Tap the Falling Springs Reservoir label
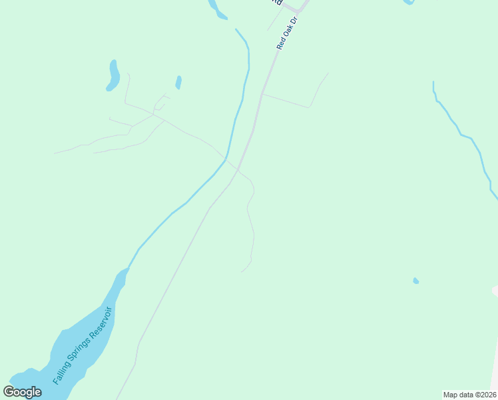pos(84,345)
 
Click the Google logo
pos(22,392)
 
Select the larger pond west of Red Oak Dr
pos(113,75)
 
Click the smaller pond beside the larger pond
pos(178,82)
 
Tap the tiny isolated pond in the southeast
pos(416,281)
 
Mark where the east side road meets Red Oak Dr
pos(262,94)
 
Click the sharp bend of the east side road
pos(310,107)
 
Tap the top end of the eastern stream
pos(433,82)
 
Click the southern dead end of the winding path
pos(242,271)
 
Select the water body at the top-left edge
pos(216,9)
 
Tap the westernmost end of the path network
pos(55,153)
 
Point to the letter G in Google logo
pos(9,391)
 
